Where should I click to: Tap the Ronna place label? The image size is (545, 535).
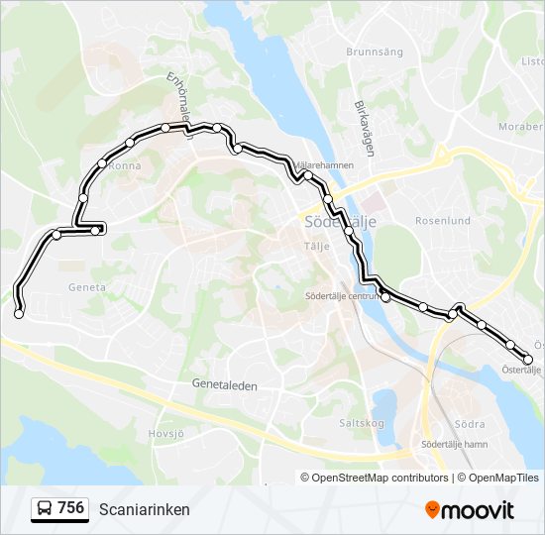[x=125, y=165]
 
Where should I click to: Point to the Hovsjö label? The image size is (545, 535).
[x=166, y=432]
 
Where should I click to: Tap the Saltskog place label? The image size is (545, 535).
[x=362, y=421]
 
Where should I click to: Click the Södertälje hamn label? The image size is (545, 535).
[x=454, y=444]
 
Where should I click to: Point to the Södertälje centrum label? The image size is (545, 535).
[x=343, y=295]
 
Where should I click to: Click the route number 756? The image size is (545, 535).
[x=70, y=508]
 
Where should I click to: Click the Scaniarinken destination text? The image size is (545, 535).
[x=145, y=509]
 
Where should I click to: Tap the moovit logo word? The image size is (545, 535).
[x=479, y=510]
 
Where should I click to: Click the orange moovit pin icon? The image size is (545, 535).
[x=432, y=509]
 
